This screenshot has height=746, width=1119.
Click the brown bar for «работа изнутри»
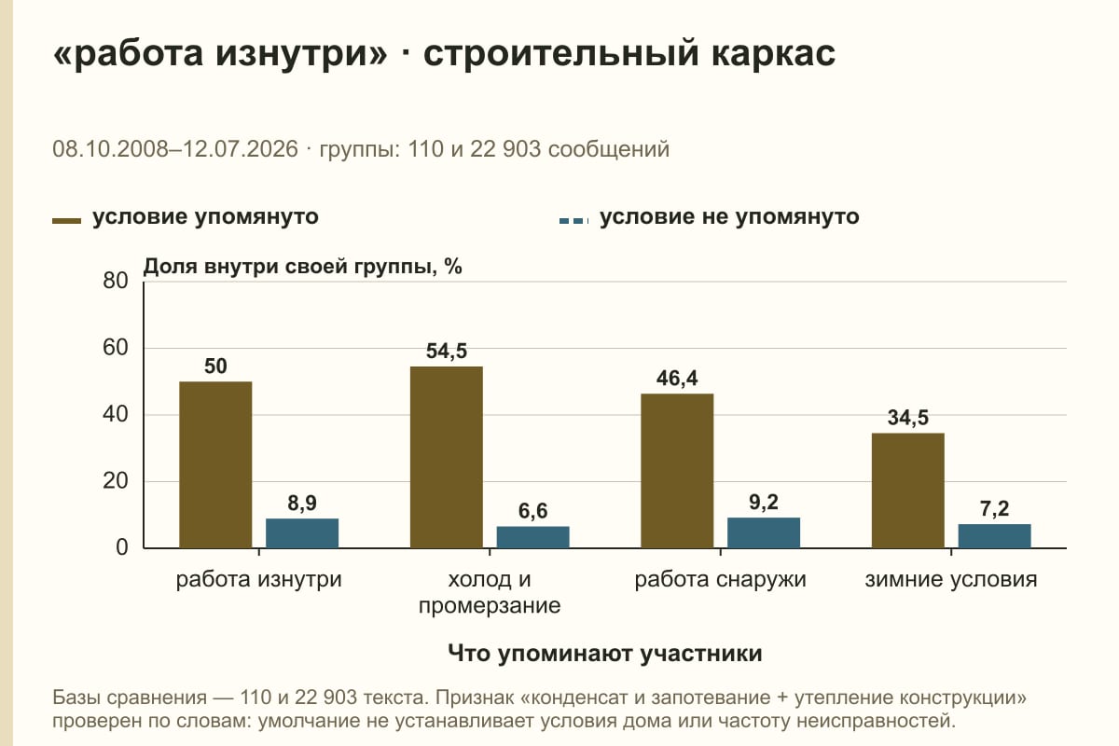click(x=215, y=464)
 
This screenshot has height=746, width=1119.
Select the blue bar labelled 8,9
click(x=302, y=533)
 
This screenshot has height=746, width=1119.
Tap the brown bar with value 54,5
click(x=447, y=457)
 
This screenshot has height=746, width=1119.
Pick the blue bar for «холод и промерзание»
click(x=533, y=537)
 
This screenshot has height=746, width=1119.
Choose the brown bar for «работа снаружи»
click(x=677, y=471)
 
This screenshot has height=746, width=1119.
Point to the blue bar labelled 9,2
click(x=764, y=532)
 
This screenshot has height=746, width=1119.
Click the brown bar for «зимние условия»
click(x=908, y=490)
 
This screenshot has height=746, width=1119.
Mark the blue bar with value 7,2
click(x=995, y=536)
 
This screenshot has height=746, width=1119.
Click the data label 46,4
click(x=677, y=379)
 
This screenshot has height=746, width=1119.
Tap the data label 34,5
click(x=908, y=418)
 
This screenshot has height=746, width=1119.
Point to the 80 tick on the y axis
click(x=116, y=281)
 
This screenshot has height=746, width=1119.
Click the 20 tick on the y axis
click(x=116, y=481)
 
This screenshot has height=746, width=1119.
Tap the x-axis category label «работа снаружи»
click(x=720, y=580)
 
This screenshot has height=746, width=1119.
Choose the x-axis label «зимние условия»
click(x=951, y=580)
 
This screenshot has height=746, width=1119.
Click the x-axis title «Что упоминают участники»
click(x=605, y=653)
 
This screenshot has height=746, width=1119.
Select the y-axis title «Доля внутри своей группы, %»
click(x=303, y=267)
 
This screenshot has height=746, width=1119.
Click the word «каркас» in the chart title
click(x=773, y=53)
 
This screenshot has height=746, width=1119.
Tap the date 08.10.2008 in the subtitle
click(x=111, y=149)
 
